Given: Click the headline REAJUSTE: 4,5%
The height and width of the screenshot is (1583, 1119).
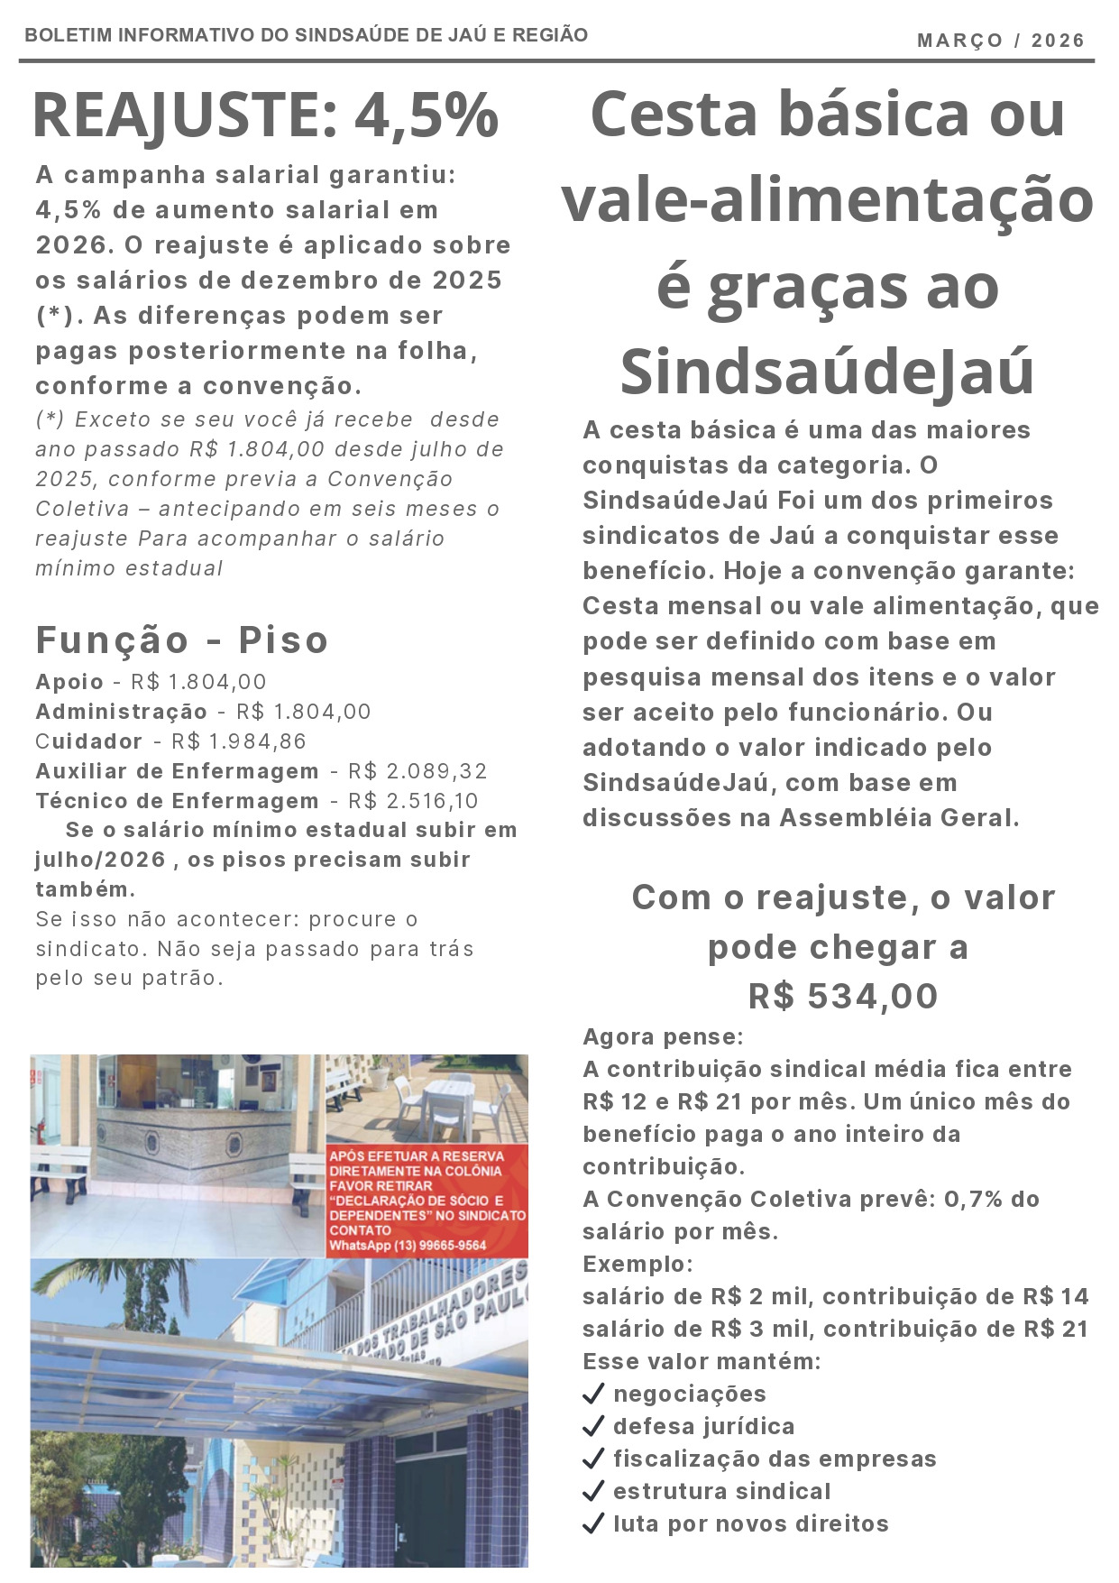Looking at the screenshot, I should click(x=265, y=115).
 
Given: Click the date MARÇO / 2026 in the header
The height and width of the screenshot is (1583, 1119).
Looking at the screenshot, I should click(x=1000, y=41).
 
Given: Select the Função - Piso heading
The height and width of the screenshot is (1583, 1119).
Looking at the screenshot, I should click(x=181, y=640).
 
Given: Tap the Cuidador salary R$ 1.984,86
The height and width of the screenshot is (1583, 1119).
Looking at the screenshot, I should click(x=239, y=741).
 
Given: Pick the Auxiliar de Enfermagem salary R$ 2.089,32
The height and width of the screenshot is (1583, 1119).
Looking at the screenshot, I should click(x=417, y=771).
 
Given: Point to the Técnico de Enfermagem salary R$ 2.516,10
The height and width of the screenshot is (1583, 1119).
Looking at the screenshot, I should click(x=413, y=801).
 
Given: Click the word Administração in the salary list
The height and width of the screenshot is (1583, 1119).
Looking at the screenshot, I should click(x=122, y=712).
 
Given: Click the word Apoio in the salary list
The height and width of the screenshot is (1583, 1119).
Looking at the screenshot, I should click(x=69, y=682).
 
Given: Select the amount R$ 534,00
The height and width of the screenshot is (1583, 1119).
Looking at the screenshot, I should click(x=843, y=997).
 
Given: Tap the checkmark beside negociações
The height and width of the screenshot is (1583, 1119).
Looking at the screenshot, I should click(x=593, y=1394).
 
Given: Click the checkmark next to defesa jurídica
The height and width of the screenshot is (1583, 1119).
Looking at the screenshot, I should click(x=593, y=1426).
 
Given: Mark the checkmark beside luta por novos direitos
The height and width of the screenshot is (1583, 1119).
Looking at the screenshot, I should click(x=593, y=1523).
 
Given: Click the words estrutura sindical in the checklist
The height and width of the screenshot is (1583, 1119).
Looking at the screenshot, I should click(x=721, y=1491).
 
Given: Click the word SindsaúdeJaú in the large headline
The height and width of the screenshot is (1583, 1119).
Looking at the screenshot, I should click(x=826, y=373).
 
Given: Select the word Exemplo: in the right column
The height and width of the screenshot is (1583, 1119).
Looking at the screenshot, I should click(x=637, y=1264).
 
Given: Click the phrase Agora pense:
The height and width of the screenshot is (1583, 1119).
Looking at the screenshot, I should click(x=663, y=1036).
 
